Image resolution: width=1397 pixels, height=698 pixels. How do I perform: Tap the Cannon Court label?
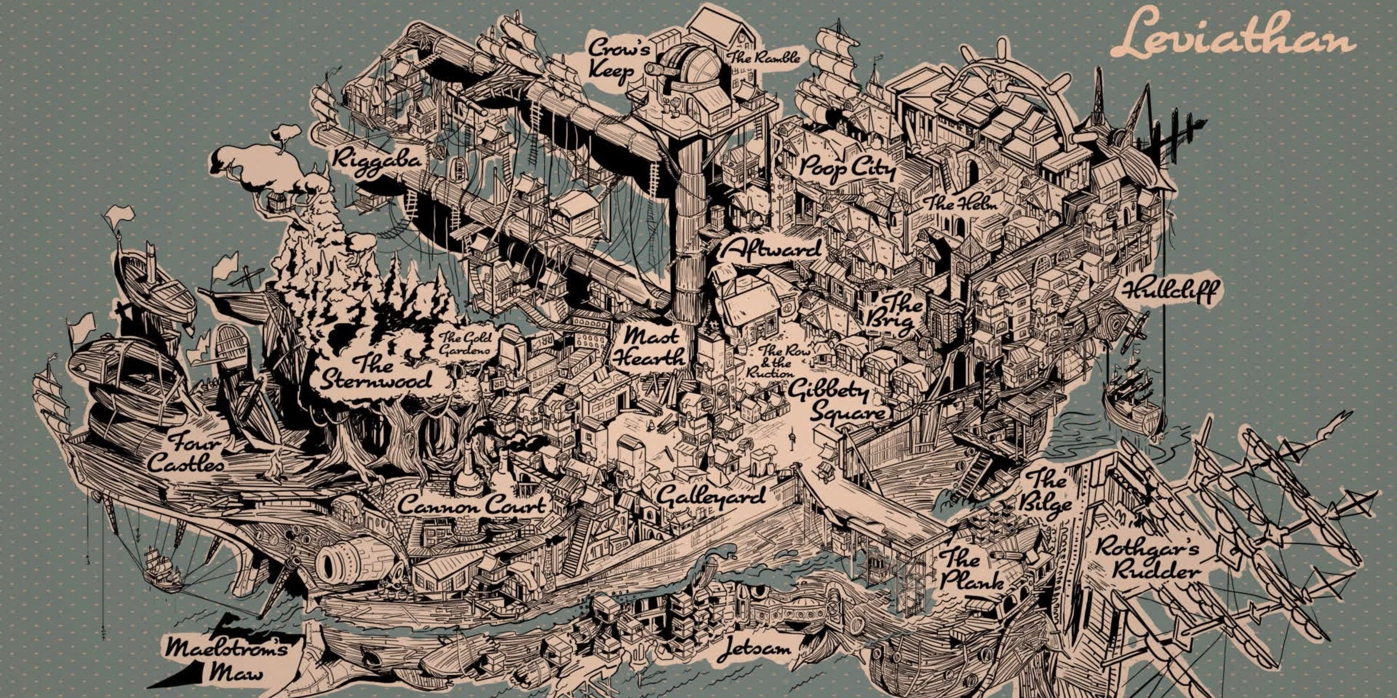click(471, 506)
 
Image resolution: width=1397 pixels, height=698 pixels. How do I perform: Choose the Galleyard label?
click(711, 495)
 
